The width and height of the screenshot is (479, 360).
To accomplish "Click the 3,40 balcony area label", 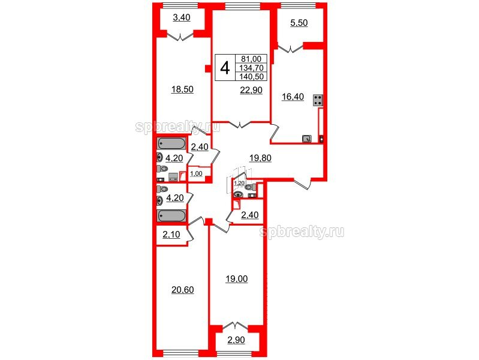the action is tap(182, 18).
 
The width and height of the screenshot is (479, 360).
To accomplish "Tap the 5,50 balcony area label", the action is tap(299, 23).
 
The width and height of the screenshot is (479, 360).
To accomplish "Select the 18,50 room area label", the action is tap(182, 89).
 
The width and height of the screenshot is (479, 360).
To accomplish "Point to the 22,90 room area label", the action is tap(251, 90).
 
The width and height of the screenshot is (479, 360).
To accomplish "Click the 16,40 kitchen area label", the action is tap(293, 97).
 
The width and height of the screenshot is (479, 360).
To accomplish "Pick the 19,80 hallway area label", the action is tap(260, 158).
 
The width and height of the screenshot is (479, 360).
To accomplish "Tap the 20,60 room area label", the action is tap(183, 290).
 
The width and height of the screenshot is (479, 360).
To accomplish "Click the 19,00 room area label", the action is tap(236, 279).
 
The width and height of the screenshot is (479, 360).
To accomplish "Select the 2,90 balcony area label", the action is tap(236, 340).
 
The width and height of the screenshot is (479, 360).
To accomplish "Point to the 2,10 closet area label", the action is tap(171, 235).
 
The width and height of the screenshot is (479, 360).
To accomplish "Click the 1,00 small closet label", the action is tap(196, 174).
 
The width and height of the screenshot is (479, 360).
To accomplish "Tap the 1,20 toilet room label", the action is tap(239, 183).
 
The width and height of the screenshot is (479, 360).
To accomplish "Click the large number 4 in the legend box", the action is tap(225, 68).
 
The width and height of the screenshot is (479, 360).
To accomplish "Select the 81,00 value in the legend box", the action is tap(251, 59).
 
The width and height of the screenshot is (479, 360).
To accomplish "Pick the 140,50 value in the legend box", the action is tap(251, 76).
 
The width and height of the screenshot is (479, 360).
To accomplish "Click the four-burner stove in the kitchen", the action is tap(318, 100).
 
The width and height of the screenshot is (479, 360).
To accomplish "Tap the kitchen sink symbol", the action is tap(307, 139).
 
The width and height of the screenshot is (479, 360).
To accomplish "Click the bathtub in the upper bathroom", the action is tap(171, 144).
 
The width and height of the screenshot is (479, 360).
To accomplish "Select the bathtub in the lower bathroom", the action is tap(171, 215).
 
